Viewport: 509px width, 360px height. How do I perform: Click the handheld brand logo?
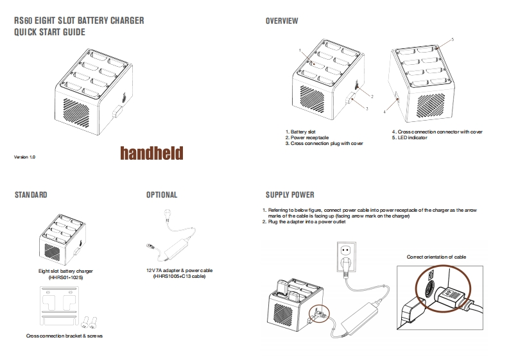tap(151, 153)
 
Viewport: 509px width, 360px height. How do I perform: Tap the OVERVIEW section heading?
tap(282, 21)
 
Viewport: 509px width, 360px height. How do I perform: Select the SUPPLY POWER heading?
tap(289, 194)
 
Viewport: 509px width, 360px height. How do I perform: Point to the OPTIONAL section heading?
tap(162, 194)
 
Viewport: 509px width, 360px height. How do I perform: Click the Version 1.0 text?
tap(24, 157)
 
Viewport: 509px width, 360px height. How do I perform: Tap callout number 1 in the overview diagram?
tap(300, 49)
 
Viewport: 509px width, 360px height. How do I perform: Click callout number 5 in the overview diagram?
tap(453, 40)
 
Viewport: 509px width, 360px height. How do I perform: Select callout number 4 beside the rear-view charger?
tap(384, 112)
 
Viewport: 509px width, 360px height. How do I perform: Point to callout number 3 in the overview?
tap(366, 109)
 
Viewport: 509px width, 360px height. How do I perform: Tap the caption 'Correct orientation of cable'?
tap(436, 257)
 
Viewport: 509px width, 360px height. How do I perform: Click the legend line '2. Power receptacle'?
tap(307, 137)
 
